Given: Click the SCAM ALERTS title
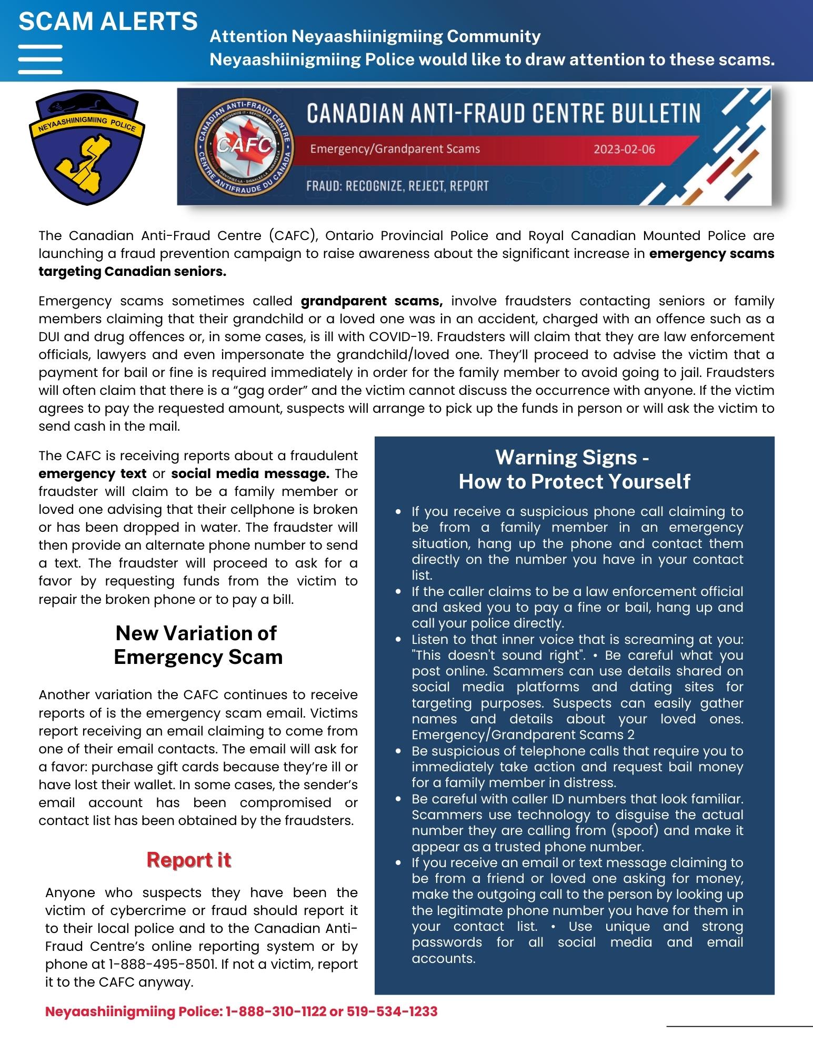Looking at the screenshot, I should [x=108, y=22].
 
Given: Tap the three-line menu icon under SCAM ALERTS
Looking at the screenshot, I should [x=41, y=59].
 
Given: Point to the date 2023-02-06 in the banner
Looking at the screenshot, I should [x=624, y=149].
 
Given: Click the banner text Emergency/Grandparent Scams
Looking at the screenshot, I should [x=395, y=149].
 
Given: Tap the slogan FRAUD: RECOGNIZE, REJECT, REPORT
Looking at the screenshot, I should [x=397, y=186].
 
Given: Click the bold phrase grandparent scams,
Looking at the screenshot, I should [x=372, y=301].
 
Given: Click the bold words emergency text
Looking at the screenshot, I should [x=93, y=474].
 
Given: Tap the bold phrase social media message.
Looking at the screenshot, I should [x=250, y=474].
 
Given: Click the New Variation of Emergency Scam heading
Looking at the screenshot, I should [x=197, y=645].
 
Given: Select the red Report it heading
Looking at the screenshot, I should [x=189, y=860].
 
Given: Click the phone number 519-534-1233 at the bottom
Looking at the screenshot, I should [x=392, y=1011].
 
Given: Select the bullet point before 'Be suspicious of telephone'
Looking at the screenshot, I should [x=399, y=751].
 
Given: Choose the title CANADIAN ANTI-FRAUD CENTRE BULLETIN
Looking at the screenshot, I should [x=503, y=114].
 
